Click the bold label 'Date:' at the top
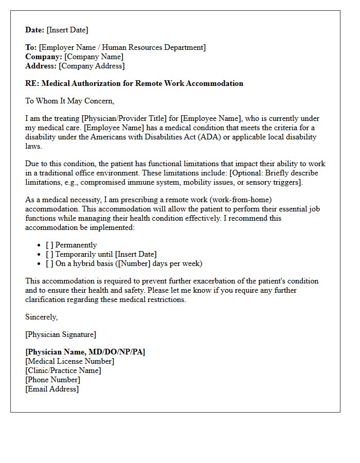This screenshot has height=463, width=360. pyautogui.click(x=35, y=30)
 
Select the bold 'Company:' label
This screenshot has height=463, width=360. pyautogui.click(x=44, y=57)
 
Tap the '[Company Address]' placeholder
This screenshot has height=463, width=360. pyautogui.click(x=92, y=66)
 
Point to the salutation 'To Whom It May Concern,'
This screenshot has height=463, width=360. pyautogui.click(x=69, y=101)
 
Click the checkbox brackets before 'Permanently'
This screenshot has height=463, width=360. pyautogui.click(x=49, y=245)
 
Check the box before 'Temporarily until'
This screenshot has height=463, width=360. pyautogui.click(x=49, y=254)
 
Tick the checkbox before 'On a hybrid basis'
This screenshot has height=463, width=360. pyautogui.click(x=49, y=263)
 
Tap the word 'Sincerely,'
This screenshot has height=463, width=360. pyautogui.click(x=42, y=317)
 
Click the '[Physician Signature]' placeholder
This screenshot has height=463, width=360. pyautogui.click(x=61, y=334)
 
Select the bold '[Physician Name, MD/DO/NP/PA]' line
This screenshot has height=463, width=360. pyautogui.click(x=85, y=352)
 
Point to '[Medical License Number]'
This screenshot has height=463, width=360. pyautogui.click(x=69, y=361)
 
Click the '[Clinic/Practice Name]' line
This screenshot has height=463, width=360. pyautogui.click(x=63, y=370)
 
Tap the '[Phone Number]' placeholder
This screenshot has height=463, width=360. pyautogui.click(x=53, y=380)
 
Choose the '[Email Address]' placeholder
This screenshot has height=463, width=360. pyautogui.click(x=52, y=389)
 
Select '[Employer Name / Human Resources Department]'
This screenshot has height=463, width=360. pyautogui.click(x=122, y=47)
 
